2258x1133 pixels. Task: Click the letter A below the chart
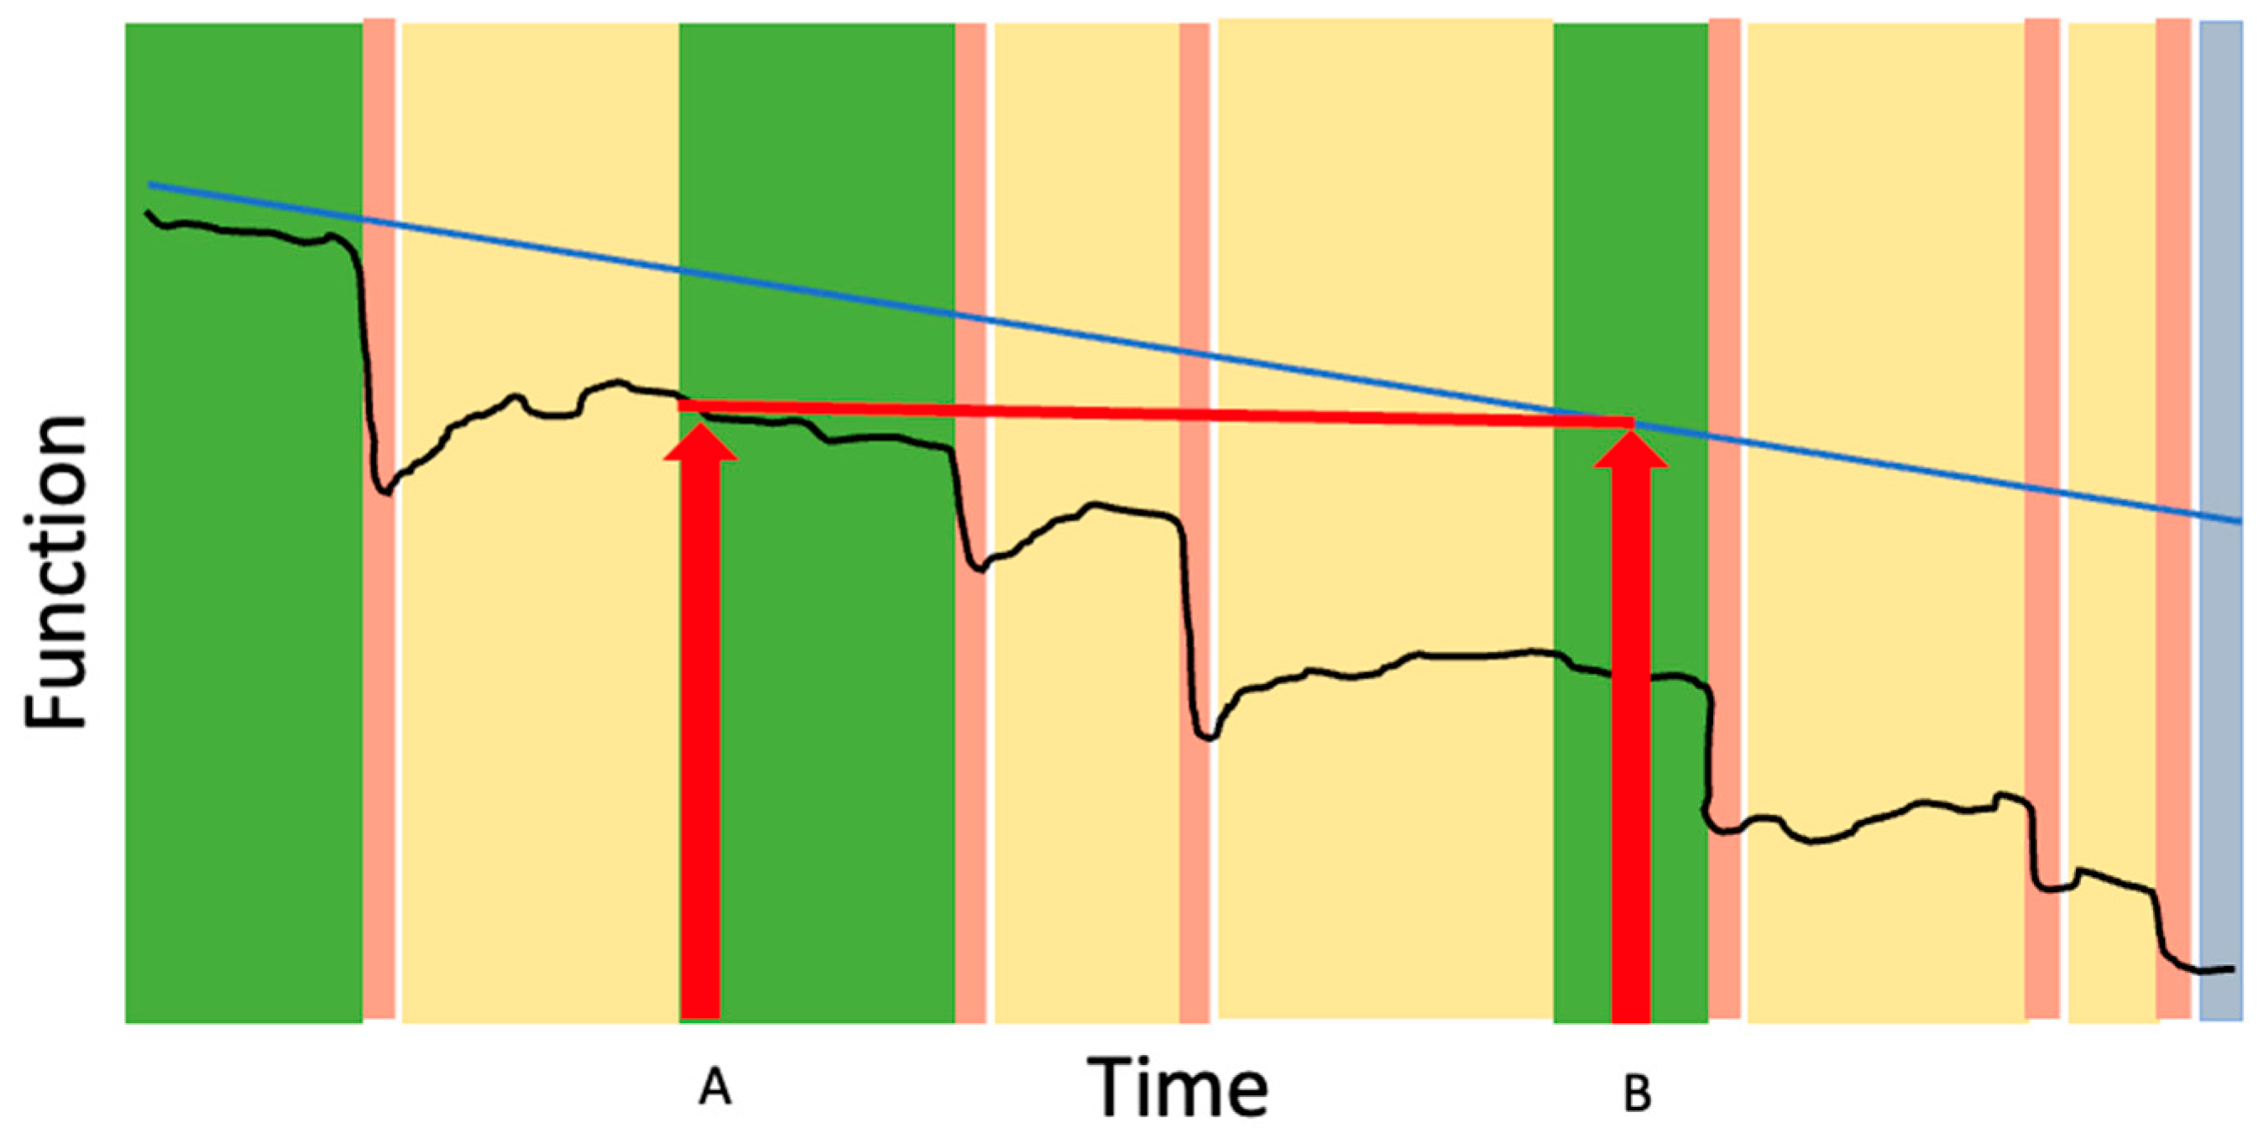[x=714, y=1089]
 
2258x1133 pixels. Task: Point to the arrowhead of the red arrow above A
[x=700, y=441]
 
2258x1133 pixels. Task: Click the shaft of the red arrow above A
[x=700, y=739]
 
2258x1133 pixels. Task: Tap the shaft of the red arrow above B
[x=1631, y=744]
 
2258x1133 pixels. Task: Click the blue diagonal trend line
[x=1195, y=353]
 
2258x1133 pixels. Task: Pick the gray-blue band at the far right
[x=2220, y=521]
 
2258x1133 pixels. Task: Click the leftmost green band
[x=243, y=522]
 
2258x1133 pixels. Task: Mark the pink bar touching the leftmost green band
[x=379, y=520]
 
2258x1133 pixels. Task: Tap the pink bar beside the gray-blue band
[x=2173, y=520]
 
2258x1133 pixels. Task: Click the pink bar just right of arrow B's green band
[x=1724, y=520]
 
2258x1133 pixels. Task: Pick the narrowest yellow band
[x=2112, y=522]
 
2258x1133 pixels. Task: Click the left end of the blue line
[x=150, y=185]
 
